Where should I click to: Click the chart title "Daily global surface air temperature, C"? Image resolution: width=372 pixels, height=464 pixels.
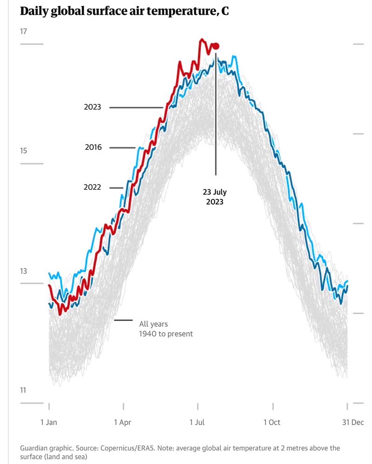point(124,12)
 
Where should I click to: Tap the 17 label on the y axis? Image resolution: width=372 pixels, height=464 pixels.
point(24,32)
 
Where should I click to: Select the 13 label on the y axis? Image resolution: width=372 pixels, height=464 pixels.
point(24,271)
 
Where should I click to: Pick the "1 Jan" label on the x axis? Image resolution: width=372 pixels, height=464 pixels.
point(49,423)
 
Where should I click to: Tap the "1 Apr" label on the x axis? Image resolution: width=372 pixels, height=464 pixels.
point(123,423)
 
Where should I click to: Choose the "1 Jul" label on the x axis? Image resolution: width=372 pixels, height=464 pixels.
point(197,423)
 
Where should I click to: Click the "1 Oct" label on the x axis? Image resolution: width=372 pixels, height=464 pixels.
point(272,423)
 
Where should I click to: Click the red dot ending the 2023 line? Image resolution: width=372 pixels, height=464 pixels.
point(215,46)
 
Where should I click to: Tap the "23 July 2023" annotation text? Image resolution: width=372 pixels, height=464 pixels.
point(215,197)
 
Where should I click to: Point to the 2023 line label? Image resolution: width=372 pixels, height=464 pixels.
point(93,107)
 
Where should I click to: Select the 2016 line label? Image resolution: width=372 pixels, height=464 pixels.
point(93,148)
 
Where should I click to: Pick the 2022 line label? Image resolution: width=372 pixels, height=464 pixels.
point(93,188)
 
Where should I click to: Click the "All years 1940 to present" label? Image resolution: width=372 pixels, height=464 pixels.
point(166,329)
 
